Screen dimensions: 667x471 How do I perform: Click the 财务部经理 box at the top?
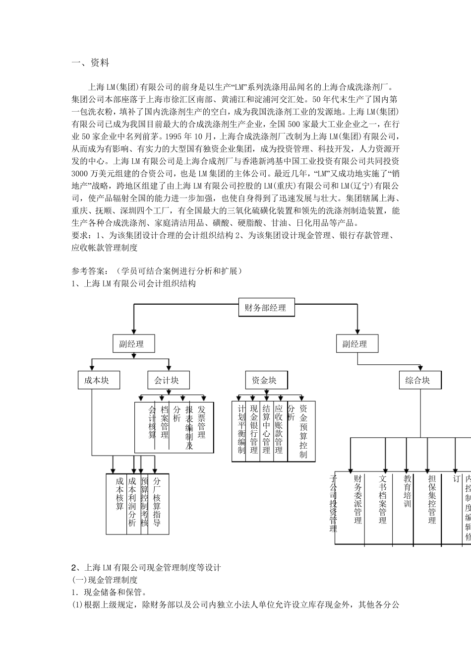(x=266, y=308)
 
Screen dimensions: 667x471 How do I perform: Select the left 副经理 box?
(x=132, y=344)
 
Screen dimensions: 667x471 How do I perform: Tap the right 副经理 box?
(x=355, y=344)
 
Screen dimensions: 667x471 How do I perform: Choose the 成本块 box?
(x=97, y=381)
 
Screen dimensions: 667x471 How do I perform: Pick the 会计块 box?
(x=167, y=381)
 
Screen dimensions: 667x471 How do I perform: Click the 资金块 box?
(x=264, y=381)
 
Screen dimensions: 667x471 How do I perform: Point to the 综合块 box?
(x=417, y=381)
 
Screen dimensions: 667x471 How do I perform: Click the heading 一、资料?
(x=90, y=63)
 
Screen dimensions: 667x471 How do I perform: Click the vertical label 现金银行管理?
(x=254, y=429)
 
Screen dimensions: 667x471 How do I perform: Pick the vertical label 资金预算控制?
(x=303, y=431)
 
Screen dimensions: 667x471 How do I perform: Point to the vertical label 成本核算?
(x=119, y=494)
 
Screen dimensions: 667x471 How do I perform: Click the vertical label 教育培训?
(x=407, y=491)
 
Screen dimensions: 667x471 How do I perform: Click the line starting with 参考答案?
(x=157, y=270)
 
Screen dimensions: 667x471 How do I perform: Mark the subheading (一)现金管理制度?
(x=105, y=580)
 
